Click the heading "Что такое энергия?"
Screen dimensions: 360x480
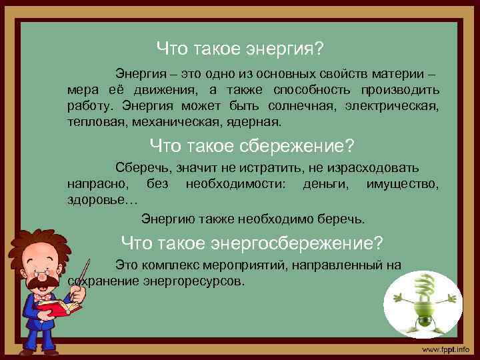(240, 48)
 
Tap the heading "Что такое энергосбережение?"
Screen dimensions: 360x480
(252, 242)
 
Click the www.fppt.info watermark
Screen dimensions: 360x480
(445, 349)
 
